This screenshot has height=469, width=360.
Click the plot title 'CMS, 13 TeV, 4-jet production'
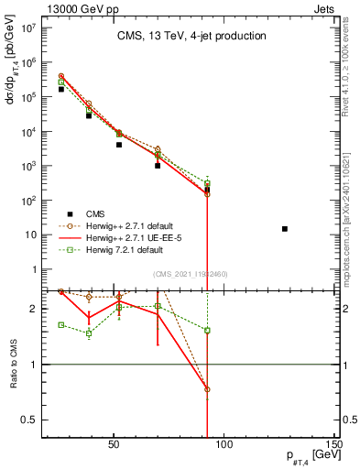pyautogui.click(x=191, y=37)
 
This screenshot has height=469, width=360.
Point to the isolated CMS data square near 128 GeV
pyautogui.click(x=285, y=229)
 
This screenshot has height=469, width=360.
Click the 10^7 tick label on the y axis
pyautogui.click(x=27, y=27)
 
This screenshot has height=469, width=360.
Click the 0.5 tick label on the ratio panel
pyautogui.click(x=28, y=420)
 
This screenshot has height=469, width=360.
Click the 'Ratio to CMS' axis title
pyautogui.click(x=11, y=365)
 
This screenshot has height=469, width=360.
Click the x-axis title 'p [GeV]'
pyautogui.click(x=309, y=456)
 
